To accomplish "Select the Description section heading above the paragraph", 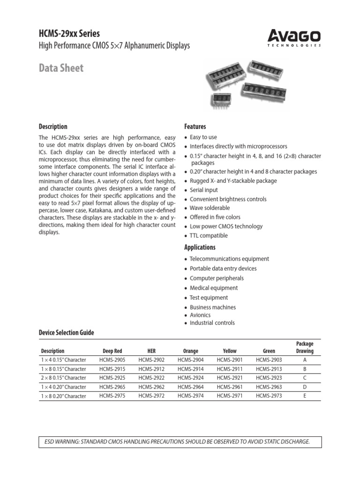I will coord(52,127).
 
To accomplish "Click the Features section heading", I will coord(195,127).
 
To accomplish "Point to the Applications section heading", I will coord(200,247).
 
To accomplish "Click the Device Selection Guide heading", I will coord(66,332).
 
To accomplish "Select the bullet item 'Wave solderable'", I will coord(210,208).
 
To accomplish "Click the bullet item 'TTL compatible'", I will coord(209,235).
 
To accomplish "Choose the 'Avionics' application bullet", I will coord(200,315).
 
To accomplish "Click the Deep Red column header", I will coord(112,351).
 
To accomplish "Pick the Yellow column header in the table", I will coord(230,351).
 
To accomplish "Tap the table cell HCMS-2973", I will coord(269,396).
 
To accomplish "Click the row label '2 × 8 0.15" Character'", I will coord(63,378).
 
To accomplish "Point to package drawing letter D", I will coord(305,387).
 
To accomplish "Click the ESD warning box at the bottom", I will coord(180,442).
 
